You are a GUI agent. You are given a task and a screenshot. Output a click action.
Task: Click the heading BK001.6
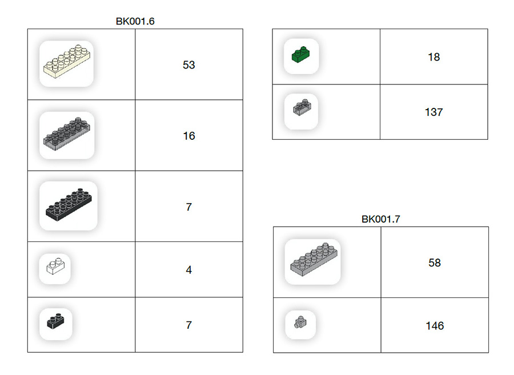click(x=135, y=21)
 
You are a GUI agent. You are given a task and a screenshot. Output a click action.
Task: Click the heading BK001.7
click(x=380, y=219)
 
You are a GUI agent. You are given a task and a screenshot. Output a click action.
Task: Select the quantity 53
click(x=189, y=65)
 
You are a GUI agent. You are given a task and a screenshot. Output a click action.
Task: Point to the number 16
click(x=189, y=136)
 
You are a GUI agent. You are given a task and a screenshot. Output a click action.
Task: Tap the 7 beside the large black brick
click(x=189, y=207)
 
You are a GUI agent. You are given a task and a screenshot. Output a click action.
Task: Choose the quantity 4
click(x=189, y=270)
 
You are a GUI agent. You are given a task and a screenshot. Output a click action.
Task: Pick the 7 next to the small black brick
click(x=189, y=325)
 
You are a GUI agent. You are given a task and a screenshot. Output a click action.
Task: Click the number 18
click(x=433, y=57)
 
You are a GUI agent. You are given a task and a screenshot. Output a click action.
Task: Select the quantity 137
click(x=433, y=112)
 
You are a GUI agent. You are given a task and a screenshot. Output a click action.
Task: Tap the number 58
click(x=435, y=263)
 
